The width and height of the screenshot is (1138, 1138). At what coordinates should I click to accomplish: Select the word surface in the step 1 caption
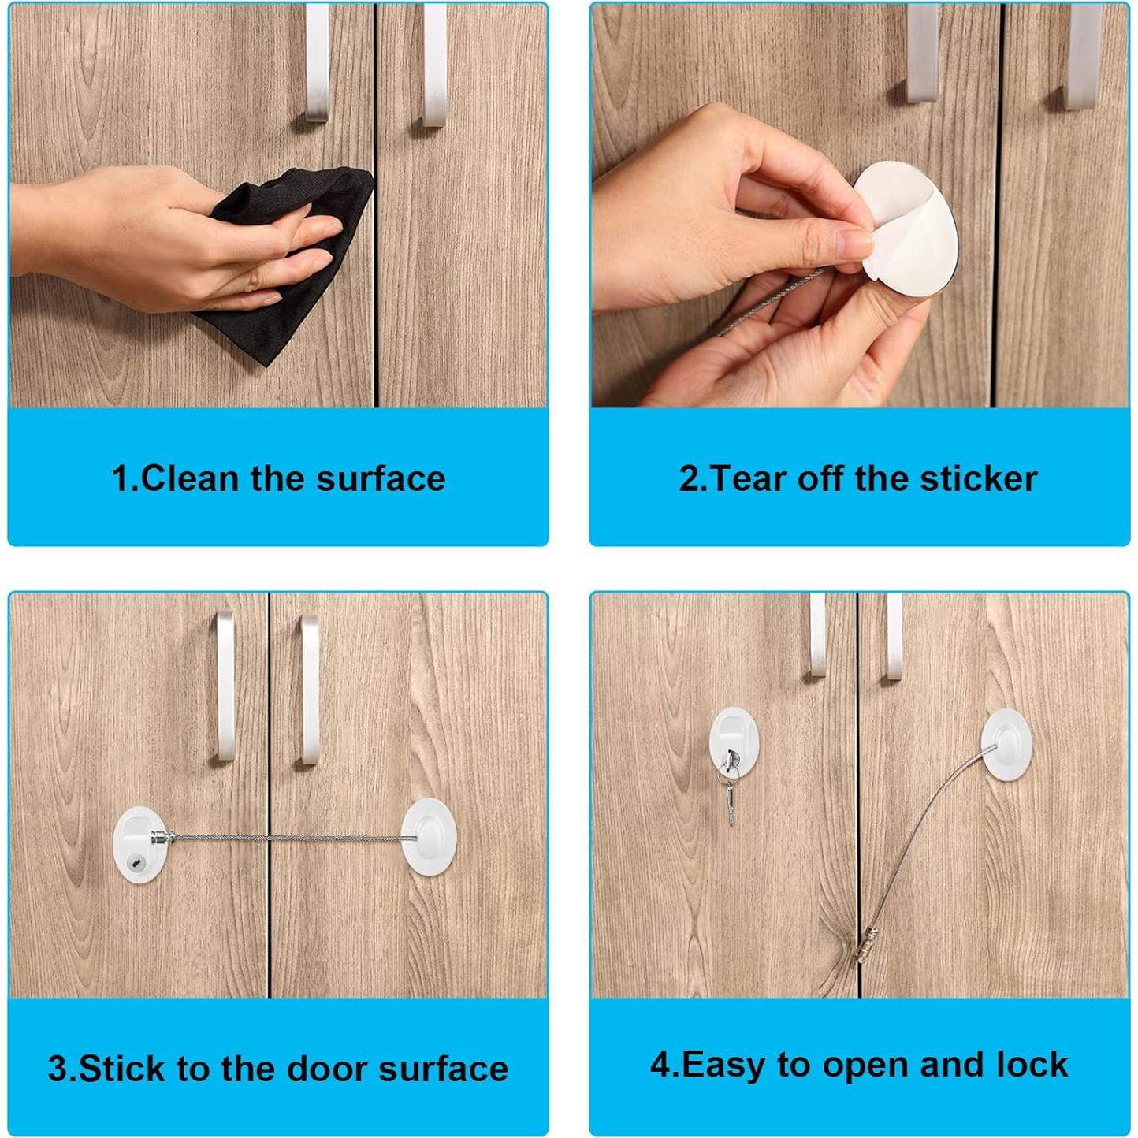point(381,479)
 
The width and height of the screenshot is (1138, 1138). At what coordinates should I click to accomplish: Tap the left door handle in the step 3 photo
point(225,685)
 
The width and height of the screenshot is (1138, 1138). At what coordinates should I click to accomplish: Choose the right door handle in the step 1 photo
point(434,65)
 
